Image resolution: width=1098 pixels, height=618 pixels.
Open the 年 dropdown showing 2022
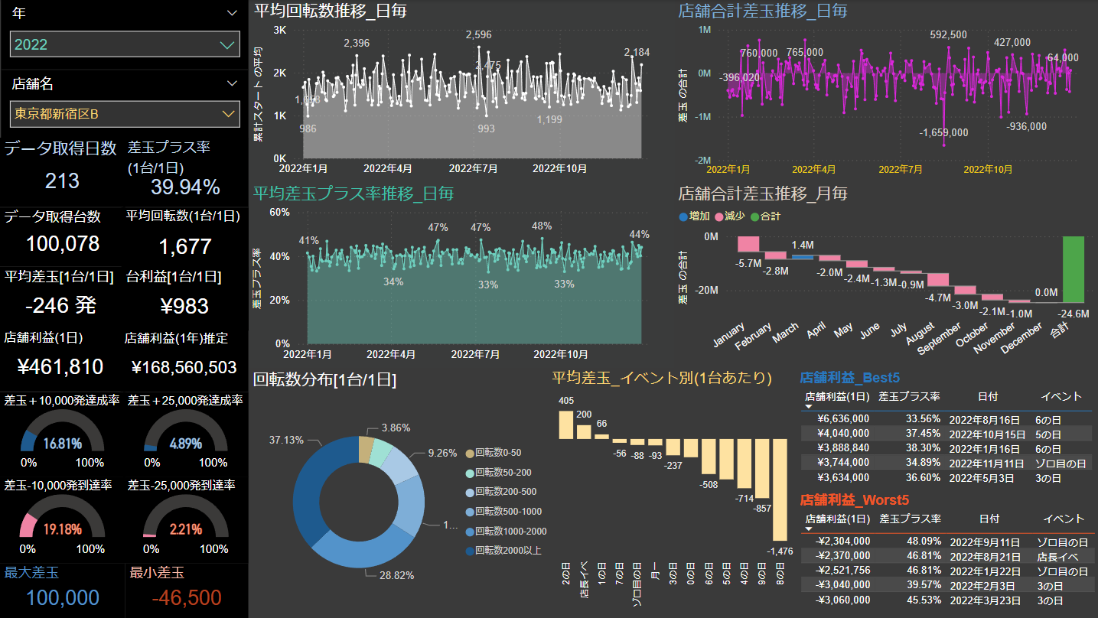tap(125, 44)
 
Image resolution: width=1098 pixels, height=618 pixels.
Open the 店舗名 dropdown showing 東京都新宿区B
tap(125, 114)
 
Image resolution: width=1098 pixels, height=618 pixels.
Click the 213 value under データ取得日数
tap(62, 181)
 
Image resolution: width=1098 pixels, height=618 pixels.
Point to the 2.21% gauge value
tap(186, 529)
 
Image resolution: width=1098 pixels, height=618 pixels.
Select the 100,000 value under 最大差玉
tap(52, 597)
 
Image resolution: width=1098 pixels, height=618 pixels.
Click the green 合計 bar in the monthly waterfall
tap(1073, 268)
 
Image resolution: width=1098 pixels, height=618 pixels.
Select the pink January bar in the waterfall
tap(748, 244)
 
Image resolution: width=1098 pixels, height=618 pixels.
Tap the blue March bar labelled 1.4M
tap(802, 257)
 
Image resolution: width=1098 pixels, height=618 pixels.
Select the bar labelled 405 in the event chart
tap(565, 424)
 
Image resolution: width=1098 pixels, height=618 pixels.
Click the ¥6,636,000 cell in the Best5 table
tap(843, 419)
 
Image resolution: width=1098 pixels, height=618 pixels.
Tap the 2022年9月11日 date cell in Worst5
tap(987, 542)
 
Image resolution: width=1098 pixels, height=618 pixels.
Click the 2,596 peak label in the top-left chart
tap(478, 35)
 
